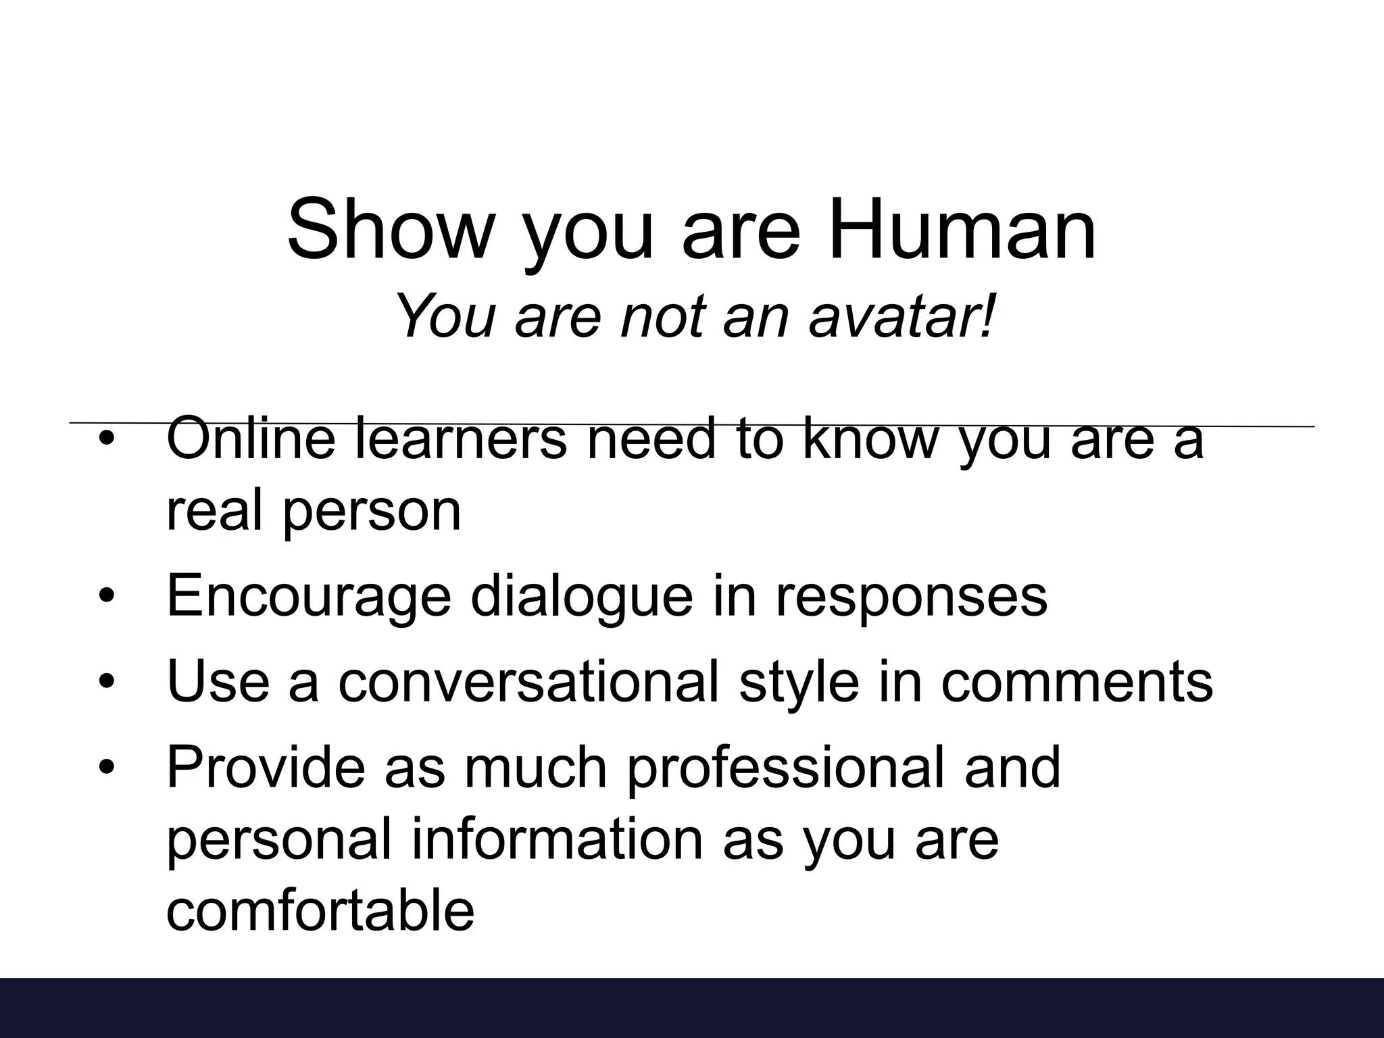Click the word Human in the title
[962, 230]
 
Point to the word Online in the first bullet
[251, 439]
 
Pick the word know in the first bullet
[871, 439]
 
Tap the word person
[371, 511]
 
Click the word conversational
[528, 683]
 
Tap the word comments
[1077, 683]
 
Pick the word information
[557, 839]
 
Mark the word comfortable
[320, 911]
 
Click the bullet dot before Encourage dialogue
[107, 596]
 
